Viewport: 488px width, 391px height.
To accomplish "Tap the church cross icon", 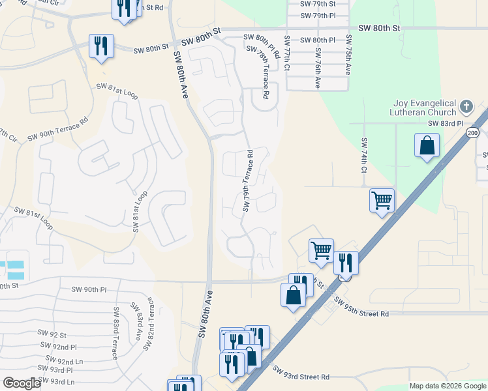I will pyautogui.click(x=466, y=106).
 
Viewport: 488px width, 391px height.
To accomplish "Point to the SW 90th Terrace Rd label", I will pyautogui.click(x=57, y=130).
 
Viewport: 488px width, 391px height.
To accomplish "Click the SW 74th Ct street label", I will pyautogui.click(x=364, y=156).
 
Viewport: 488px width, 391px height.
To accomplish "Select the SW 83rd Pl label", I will pyautogui.click(x=445, y=123).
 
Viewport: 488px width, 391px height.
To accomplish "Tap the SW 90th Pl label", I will pyautogui.click(x=89, y=289).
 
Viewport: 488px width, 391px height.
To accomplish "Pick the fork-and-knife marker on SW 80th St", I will pyautogui.click(x=101, y=46).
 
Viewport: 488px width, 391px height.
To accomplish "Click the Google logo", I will pyautogui.click(x=22, y=384).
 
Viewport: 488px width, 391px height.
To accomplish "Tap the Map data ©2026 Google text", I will pyautogui.click(x=447, y=386).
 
